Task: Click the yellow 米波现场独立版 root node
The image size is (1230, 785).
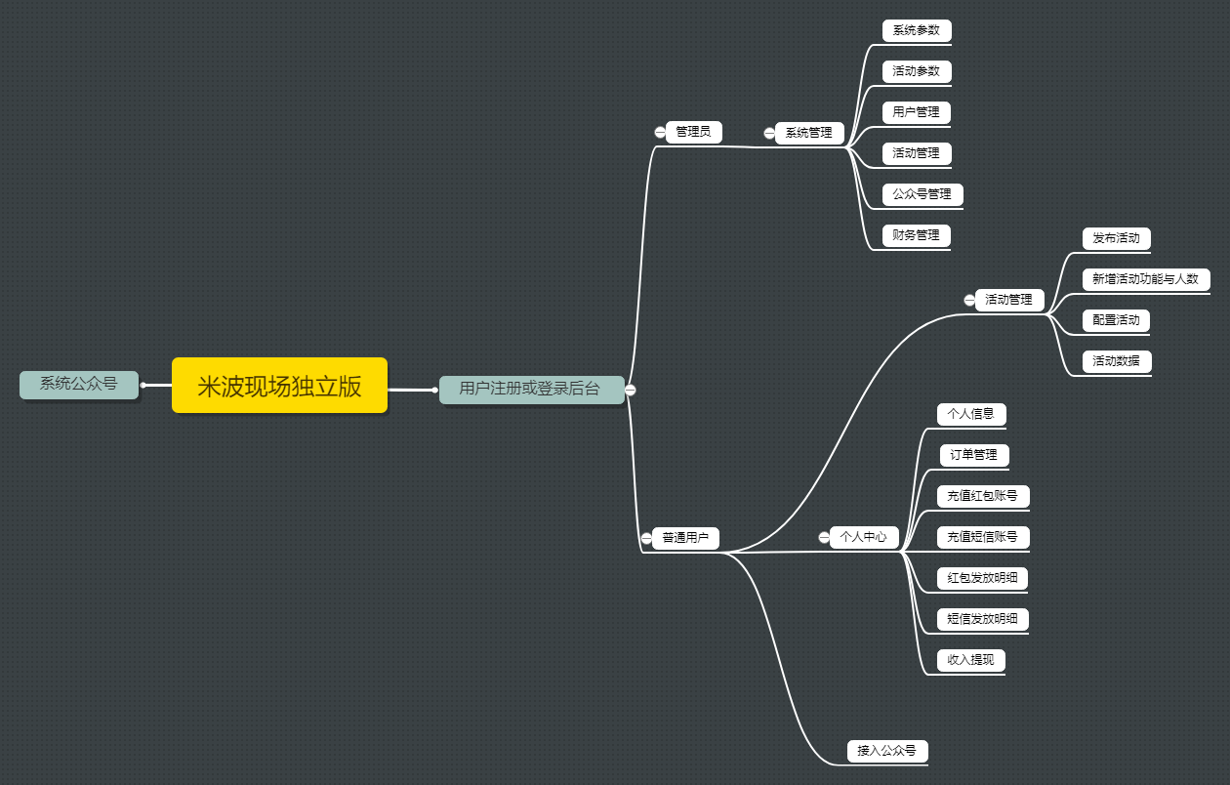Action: coord(279,386)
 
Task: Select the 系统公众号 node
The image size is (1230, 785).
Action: coord(78,384)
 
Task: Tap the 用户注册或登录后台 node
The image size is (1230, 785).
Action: coord(530,389)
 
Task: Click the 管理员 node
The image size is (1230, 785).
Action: coord(693,132)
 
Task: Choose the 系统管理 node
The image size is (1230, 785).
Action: coord(808,133)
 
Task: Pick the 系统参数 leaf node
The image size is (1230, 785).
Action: coord(916,30)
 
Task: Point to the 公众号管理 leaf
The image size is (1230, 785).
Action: coord(922,194)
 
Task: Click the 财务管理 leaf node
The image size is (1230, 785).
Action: coord(916,235)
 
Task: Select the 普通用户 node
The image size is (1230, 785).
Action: coord(685,537)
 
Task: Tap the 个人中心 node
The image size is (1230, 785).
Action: coord(863,536)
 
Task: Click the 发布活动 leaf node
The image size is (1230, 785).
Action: coord(1116,238)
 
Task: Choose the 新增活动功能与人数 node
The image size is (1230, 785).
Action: coord(1145,279)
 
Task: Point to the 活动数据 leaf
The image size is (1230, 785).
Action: coord(1116,361)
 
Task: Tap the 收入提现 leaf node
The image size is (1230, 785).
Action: coord(970,660)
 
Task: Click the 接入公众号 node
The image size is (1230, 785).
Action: coord(886,751)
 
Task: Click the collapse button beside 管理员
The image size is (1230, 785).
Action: coord(660,132)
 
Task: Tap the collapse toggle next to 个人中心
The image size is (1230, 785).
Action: coord(824,537)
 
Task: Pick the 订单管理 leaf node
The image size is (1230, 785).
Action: coord(973,455)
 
